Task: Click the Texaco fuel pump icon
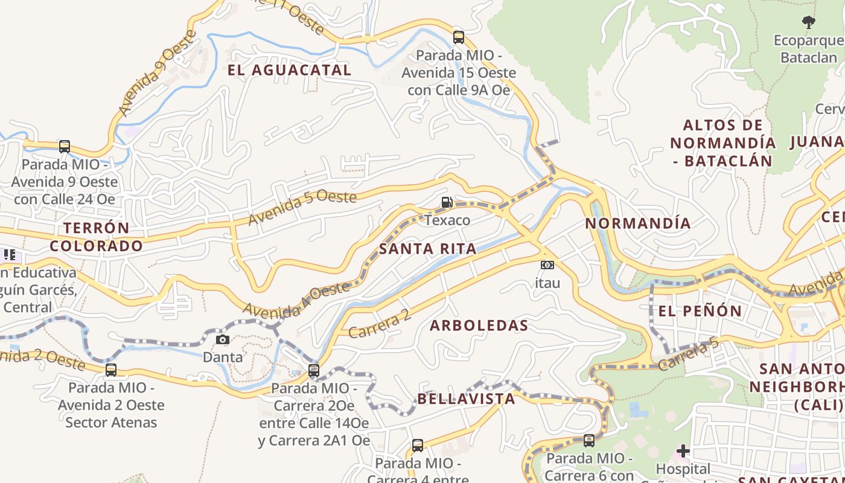pyautogui.click(x=447, y=202)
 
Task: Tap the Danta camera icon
pyautogui.click(x=223, y=339)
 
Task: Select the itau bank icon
pyautogui.click(x=547, y=264)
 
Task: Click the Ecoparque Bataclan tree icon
pyautogui.click(x=808, y=23)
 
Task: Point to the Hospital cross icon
pyautogui.click(x=683, y=451)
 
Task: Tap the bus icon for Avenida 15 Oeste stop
pyautogui.click(x=459, y=37)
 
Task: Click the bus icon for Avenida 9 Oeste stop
pyautogui.click(x=65, y=146)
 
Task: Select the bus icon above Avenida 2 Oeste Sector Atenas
pyautogui.click(x=111, y=370)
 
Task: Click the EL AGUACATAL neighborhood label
pyautogui.click(x=289, y=70)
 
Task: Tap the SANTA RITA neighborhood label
pyautogui.click(x=427, y=249)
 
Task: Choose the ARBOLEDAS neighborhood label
pyautogui.click(x=479, y=325)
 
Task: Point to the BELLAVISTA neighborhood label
pyautogui.click(x=466, y=399)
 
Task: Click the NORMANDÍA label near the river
pyautogui.click(x=637, y=223)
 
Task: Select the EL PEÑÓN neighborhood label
pyautogui.click(x=700, y=312)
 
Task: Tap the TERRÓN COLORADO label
pyautogui.click(x=96, y=237)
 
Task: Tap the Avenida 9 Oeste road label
pyautogui.click(x=157, y=72)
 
